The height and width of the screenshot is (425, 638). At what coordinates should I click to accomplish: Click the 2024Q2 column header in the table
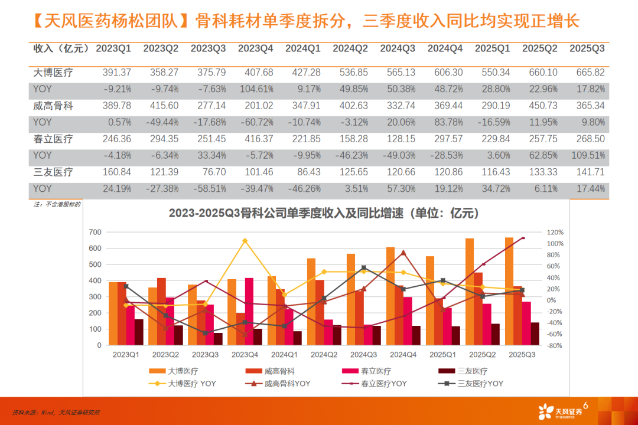pos(350,48)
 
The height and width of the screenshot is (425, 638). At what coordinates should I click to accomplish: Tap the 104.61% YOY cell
pos(255,89)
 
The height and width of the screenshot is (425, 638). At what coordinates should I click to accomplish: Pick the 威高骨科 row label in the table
pos(53,106)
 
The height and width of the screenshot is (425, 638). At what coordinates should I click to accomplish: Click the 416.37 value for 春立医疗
pos(255,139)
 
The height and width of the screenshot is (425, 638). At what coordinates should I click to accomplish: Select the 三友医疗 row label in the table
pos(53,172)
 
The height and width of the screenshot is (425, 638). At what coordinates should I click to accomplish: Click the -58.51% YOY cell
pos(208,189)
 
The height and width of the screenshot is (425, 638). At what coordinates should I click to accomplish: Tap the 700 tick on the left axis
pos(95,232)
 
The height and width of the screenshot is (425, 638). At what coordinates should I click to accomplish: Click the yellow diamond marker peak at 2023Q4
pos(245,241)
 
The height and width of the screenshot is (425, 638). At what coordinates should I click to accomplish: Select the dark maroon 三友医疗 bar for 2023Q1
pos(139,332)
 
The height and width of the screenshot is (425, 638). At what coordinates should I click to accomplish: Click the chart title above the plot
pos(323,212)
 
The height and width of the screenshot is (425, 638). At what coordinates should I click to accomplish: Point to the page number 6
pos(585,404)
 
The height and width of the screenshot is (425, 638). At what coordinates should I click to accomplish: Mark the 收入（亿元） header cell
pos(61,48)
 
